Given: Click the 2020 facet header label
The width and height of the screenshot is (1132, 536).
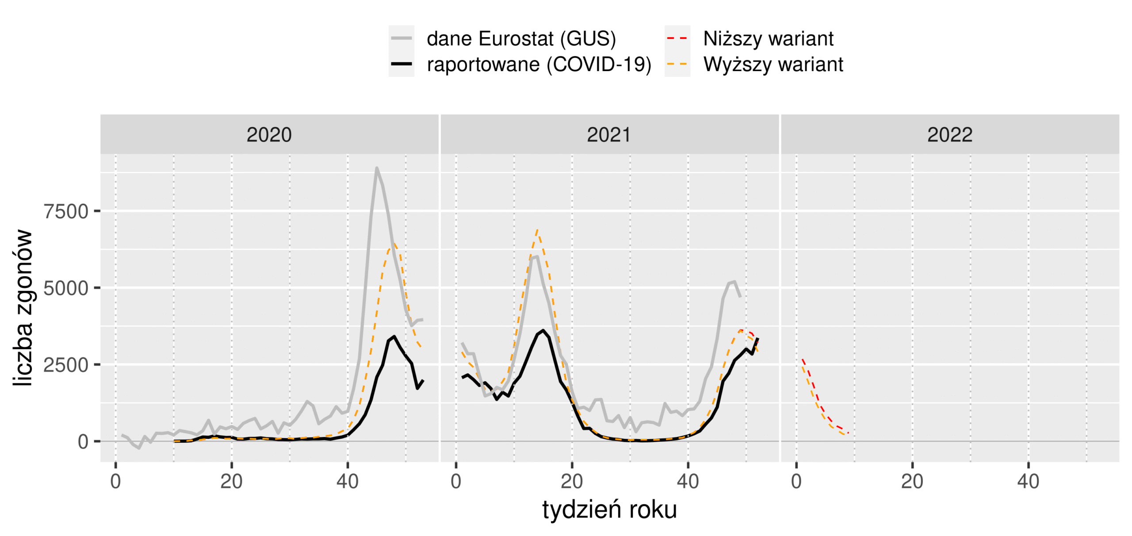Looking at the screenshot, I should pos(269,135).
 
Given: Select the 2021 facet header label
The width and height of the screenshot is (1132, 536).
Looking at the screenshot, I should pos(609,135).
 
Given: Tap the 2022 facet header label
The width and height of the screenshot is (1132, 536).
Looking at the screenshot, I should pos(949,135).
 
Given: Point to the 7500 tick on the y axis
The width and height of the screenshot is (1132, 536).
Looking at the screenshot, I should pos(66,212).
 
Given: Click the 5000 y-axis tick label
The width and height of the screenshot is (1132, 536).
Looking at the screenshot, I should pos(66,289).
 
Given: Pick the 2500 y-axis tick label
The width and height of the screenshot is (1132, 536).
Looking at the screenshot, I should pos(66,365).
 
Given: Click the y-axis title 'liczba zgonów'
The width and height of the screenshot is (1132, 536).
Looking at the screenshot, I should pos(23,308).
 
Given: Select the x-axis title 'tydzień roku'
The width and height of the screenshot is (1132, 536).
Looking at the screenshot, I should pos(609,509).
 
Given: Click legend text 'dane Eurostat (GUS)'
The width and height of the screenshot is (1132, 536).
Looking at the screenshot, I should pos(521,39).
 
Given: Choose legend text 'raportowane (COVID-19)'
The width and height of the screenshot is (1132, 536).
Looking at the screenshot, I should pos(539,65).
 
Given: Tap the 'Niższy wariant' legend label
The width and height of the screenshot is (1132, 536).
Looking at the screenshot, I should pos(768,39).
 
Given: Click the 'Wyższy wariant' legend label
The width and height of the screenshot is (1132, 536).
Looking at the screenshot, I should pos(773,65).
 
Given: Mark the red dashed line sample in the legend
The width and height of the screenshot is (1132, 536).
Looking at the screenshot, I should pos(677,39).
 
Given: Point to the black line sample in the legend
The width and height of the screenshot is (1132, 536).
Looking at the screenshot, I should pos(401,65).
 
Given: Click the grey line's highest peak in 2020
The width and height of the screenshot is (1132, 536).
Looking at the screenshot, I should pos(376,168).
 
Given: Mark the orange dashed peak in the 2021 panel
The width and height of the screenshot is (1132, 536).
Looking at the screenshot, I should pos(537,230).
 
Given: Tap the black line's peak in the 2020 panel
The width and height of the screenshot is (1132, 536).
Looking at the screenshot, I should pos(394,336).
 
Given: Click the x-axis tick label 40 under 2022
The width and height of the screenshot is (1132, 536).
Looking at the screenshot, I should pos(1028,481).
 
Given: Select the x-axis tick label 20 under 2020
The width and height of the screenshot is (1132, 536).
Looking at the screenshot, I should pos(231,481).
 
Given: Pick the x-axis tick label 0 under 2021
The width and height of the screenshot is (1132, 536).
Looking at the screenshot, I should pos(456,481).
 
